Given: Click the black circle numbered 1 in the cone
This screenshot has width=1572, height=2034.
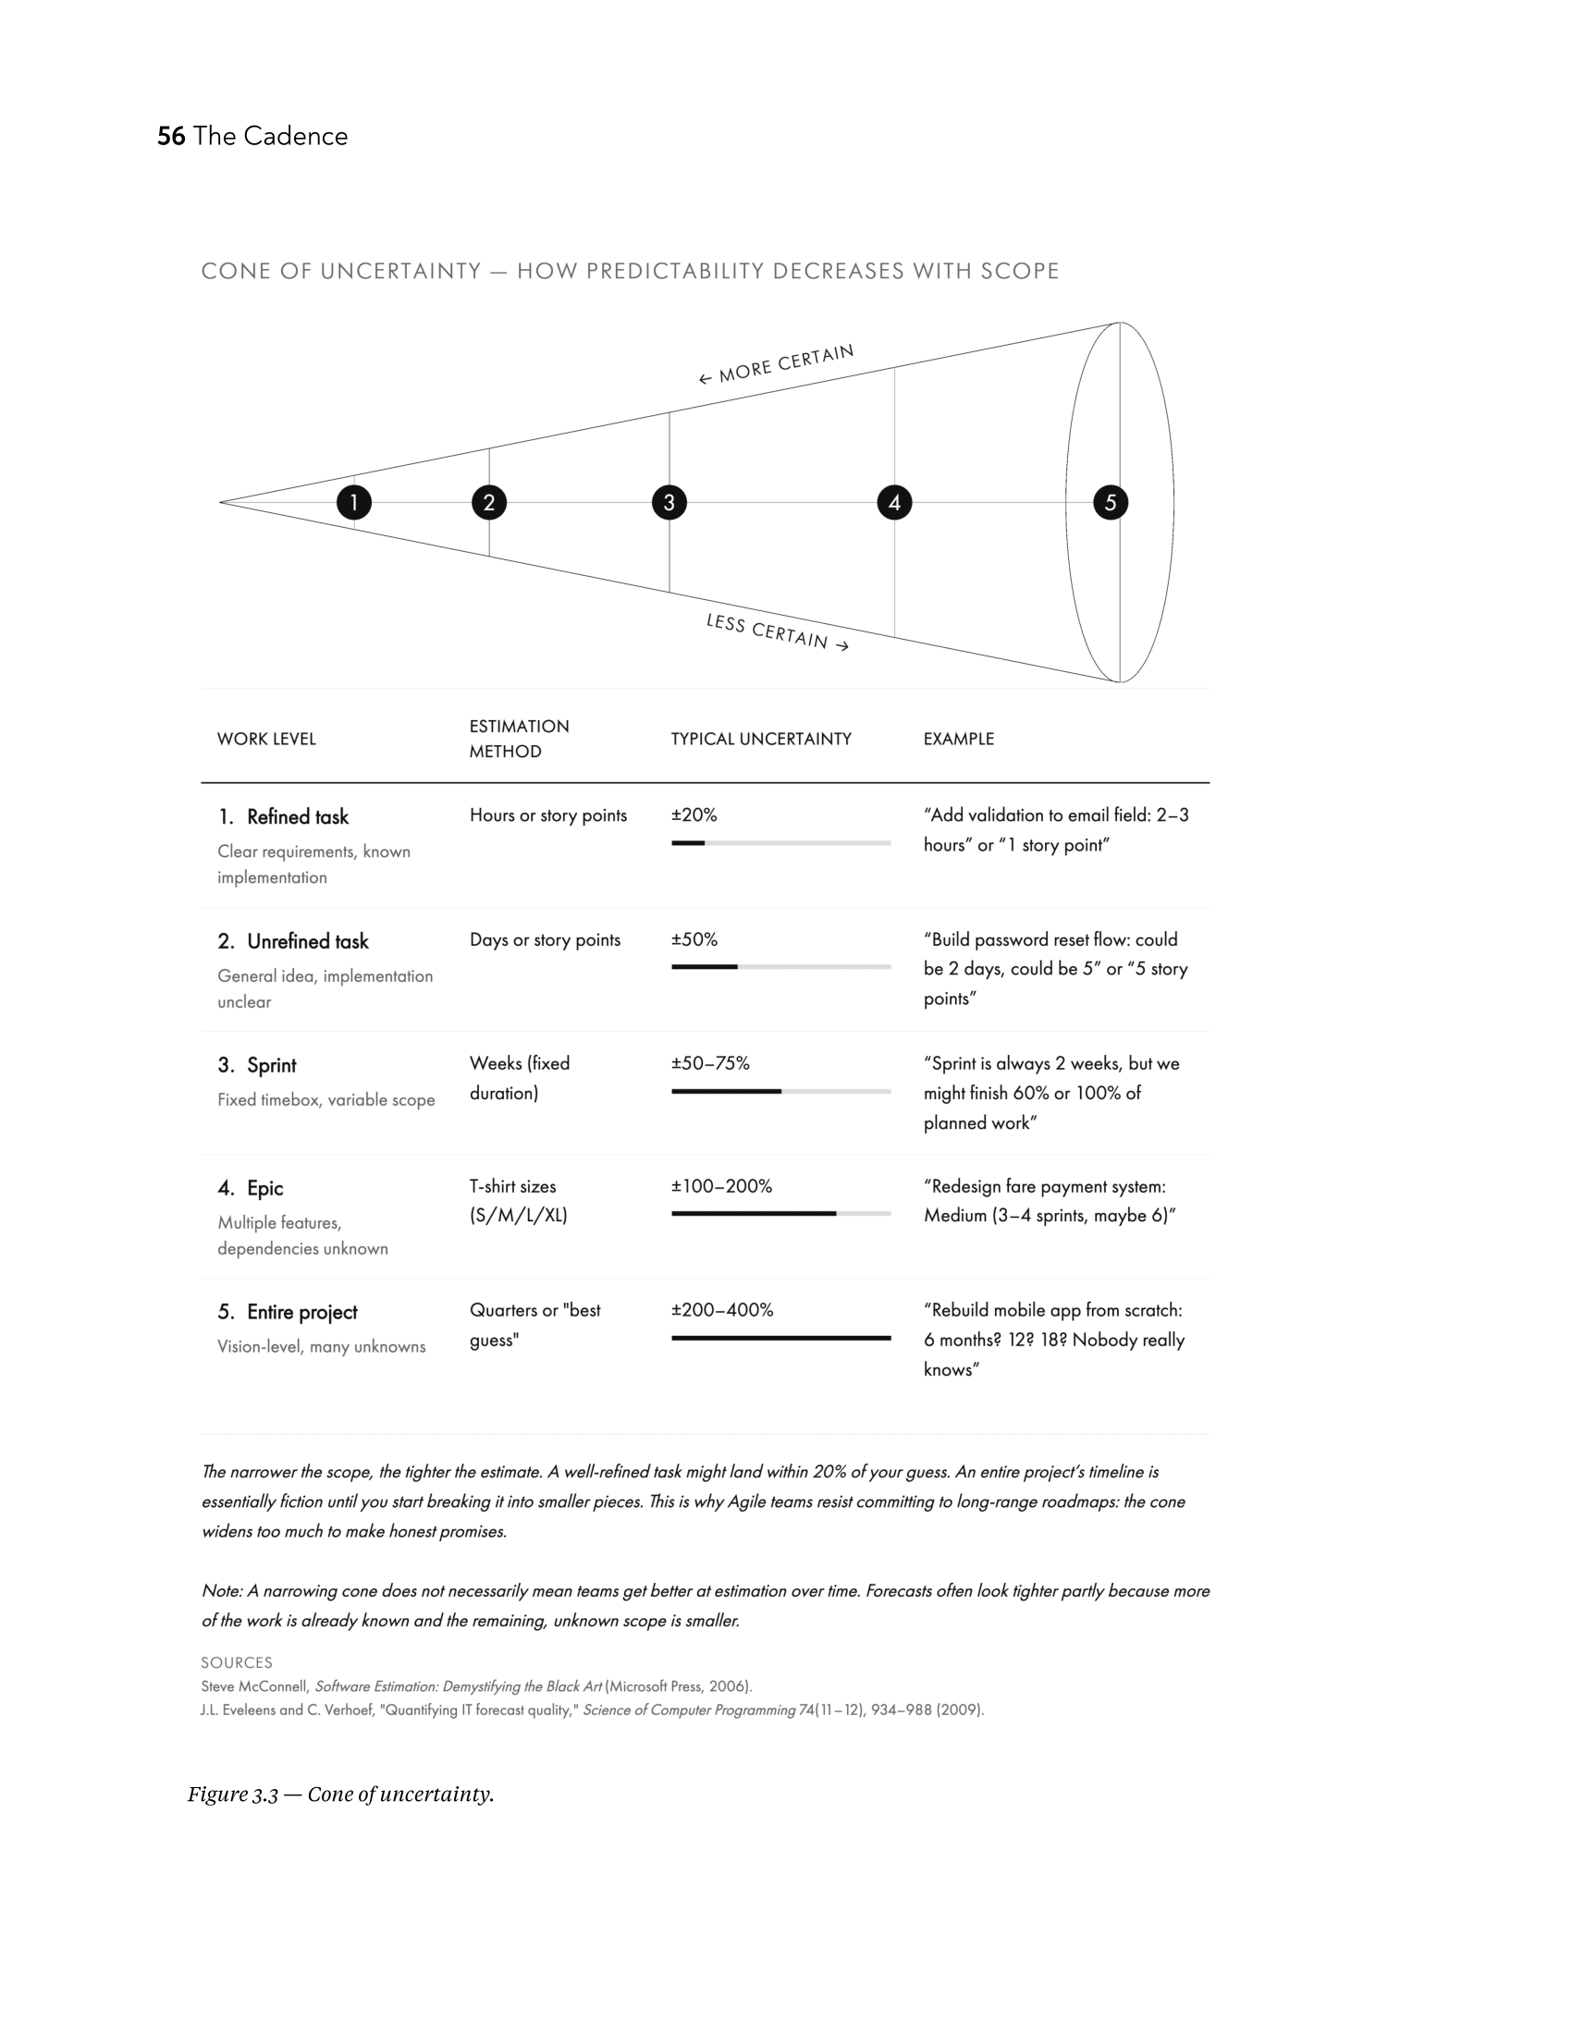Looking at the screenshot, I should [354, 503].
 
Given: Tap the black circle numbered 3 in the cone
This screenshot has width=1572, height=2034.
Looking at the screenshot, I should [669, 503].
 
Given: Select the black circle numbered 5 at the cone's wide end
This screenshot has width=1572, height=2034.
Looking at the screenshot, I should [1110, 503].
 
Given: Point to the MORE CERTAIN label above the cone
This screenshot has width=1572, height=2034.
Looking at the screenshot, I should [776, 364].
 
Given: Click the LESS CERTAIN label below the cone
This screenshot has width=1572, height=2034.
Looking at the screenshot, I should [777, 632].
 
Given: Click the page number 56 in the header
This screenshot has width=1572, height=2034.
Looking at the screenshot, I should [170, 136].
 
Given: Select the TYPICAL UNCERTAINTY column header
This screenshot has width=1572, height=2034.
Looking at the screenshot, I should [761, 739].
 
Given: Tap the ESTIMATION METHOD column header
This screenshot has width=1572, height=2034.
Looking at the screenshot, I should [519, 739].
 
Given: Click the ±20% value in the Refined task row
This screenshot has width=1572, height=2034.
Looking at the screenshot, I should [694, 815].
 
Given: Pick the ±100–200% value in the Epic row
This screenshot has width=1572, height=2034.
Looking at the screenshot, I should [722, 1185].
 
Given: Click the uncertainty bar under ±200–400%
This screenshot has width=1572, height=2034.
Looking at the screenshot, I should [780, 1339].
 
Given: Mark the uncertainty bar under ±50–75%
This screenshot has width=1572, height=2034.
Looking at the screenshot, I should [780, 1091].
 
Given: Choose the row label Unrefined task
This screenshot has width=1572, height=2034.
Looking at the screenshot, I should [307, 941].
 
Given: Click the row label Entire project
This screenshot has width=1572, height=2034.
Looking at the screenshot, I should [301, 1312].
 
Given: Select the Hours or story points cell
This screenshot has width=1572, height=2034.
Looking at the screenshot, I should [547, 815].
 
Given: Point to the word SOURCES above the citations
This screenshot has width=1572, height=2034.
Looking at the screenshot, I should [237, 1662].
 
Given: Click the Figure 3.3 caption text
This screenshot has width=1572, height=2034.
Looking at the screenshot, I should [341, 1795].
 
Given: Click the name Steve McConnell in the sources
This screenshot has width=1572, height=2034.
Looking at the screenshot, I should [254, 1686].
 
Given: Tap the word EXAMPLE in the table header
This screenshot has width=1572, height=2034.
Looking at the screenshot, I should [958, 739].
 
